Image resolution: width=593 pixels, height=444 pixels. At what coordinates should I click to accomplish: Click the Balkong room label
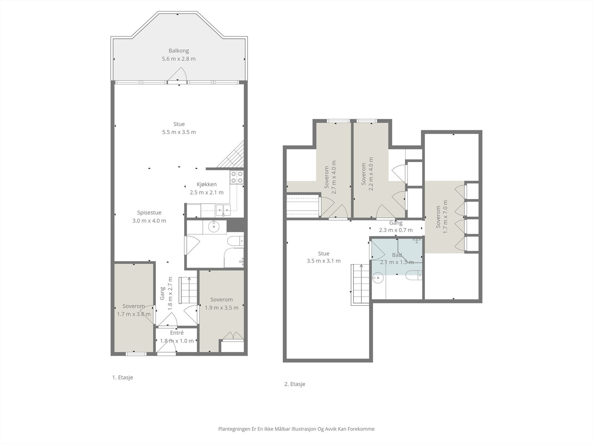tap(179, 51)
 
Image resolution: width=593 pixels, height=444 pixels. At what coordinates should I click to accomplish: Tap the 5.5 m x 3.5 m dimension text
tap(179, 132)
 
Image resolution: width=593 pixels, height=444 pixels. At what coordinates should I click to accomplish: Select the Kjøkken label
tap(207, 184)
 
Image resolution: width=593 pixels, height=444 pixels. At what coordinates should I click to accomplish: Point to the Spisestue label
tap(149, 213)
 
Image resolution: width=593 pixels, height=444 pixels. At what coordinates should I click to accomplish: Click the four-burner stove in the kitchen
tap(237, 177)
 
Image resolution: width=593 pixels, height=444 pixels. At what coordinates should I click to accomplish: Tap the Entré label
tap(177, 333)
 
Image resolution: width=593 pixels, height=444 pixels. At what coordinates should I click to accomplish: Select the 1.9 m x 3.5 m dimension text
tap(222, 307)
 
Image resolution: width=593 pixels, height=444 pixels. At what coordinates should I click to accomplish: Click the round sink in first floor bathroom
tap(214, 227)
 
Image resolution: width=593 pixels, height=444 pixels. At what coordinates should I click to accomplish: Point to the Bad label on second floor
tap(397, 255)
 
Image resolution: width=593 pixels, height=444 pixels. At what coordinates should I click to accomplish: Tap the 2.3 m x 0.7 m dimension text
tap(396, 230)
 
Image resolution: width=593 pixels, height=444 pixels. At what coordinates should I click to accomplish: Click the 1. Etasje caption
tap(123, 377)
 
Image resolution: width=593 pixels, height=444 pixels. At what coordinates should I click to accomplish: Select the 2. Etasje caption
tap(295, 384)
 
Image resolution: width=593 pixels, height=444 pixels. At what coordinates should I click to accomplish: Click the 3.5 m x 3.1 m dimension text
tap(324, 261)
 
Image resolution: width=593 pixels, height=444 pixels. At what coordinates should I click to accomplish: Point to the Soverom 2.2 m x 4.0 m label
tap(367, 174)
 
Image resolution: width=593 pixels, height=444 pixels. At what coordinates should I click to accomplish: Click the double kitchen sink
tap(223, 210)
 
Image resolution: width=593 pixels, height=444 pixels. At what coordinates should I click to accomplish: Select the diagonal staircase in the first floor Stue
tap(231, 154)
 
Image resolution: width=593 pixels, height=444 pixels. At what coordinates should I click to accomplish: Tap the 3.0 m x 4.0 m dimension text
tap(149, 221)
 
